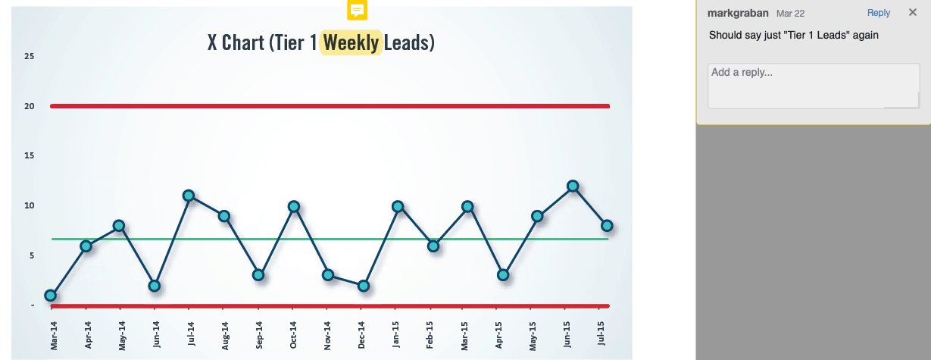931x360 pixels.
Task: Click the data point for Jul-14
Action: click(x=189, y=196)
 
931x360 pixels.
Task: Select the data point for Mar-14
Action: click(x=51, y=296)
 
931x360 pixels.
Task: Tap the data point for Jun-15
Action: click(x=573, y=186)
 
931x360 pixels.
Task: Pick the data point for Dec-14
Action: click(x=364, y=286)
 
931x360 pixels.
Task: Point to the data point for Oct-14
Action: click(x=294, y=206)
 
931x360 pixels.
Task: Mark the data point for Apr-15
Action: click(x=503, y=275)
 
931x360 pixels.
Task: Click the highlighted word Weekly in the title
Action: click(x=351, y=42)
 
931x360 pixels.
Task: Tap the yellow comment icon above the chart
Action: click(x=357, y=10)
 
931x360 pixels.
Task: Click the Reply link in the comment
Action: click(x=879, y=13)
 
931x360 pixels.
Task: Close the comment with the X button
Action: click(x=912, y=13)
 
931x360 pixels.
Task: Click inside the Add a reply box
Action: click(x=813, y=85)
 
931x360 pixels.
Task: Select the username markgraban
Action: click(x=737, y=13)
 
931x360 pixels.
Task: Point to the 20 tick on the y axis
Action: click(x=29, y=106)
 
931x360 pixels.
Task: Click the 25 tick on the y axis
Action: click(x=29, y=56)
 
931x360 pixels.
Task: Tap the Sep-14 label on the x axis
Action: click(x=259, y=334)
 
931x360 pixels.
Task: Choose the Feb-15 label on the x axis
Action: click(x=431, y=334)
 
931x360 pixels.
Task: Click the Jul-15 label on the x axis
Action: click(x=602, y=334)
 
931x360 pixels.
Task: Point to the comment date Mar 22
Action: click(x=789, y=14)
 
